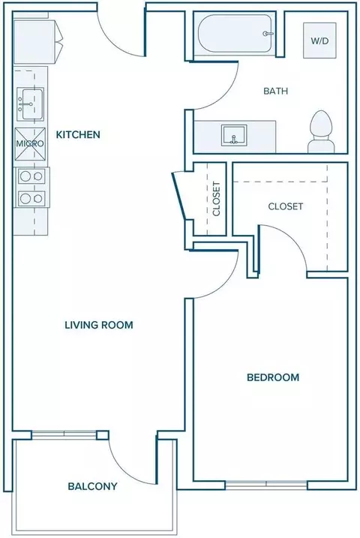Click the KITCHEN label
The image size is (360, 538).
coord(78,134)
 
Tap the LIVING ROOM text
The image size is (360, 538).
coord(99,325)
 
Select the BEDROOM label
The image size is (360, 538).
coord(273,377)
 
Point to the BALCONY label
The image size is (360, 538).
coord(92,486)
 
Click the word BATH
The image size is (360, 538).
coord(276,91)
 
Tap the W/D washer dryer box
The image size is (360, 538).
coord(319,41)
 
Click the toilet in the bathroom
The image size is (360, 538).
coord(321,132)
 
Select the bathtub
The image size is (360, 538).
coord(235,33)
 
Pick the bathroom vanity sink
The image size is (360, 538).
coord(234,134)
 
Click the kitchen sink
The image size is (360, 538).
coord(30,104)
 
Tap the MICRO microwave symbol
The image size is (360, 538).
coord(30,144)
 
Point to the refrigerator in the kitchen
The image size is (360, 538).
coord(37,41)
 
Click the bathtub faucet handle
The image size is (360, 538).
coord(268,34)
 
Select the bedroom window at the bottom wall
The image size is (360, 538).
coord(266,485)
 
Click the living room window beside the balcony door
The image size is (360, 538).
coord(64,435)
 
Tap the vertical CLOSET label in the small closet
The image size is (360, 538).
coord(216,199)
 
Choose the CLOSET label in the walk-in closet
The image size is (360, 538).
coord(286,206)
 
